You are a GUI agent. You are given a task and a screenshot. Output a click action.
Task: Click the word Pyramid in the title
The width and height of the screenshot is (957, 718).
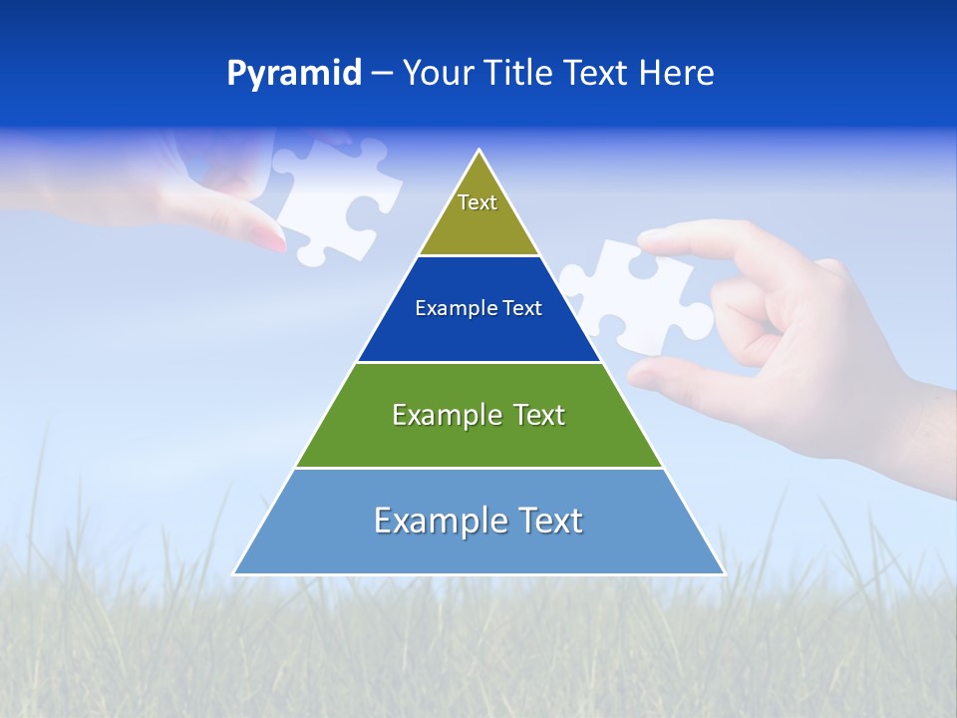click(294, 74)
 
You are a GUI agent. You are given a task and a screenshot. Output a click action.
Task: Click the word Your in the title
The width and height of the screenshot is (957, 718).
click(437, 74)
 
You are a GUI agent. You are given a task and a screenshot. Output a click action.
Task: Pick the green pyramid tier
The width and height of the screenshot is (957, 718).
click(478, 439)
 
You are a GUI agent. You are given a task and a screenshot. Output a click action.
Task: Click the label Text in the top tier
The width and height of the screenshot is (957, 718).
click(478, 202)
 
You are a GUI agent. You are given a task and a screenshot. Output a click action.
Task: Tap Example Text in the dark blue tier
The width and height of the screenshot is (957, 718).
click(478, 308)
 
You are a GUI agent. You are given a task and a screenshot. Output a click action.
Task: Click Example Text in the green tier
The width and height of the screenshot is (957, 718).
click(478, 415)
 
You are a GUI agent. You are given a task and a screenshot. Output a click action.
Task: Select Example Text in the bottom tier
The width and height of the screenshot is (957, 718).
click(478, 521)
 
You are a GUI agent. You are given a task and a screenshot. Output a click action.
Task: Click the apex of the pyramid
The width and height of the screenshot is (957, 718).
click(479, 152)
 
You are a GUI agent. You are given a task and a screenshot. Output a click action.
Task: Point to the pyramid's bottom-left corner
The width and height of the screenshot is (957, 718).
click(235, 573)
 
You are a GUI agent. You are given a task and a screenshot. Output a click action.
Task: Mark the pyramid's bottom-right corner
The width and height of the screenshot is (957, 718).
click(723, 573)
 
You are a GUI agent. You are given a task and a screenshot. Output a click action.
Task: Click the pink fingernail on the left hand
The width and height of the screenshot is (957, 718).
click(269, 236)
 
